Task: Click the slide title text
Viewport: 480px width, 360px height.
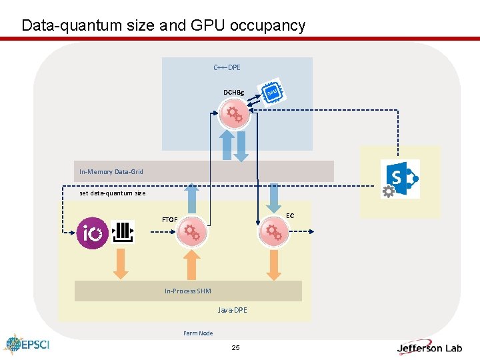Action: point(163,25)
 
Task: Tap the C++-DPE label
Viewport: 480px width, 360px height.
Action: point(227,67)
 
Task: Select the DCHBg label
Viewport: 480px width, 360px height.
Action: point(233,92)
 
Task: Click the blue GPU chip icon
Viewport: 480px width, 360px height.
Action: point(272,93)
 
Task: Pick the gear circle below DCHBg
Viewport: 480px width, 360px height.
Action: point(234,114)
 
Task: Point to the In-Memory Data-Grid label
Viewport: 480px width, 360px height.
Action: point(111,172)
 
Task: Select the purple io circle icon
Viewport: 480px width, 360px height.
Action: point(92,233)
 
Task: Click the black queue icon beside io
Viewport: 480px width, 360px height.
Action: point(124,232)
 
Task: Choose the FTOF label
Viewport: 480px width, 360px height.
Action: point(169,219)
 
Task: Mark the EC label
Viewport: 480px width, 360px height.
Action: point(290,215)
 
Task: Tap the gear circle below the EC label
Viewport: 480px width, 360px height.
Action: point(273,232)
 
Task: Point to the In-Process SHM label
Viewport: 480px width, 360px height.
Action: point(188,291)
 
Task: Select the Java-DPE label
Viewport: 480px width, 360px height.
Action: point(232,310)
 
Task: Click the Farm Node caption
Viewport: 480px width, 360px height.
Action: point(198,333)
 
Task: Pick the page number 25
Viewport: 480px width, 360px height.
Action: point(235,348)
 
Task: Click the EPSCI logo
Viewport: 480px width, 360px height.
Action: point(27,345)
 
